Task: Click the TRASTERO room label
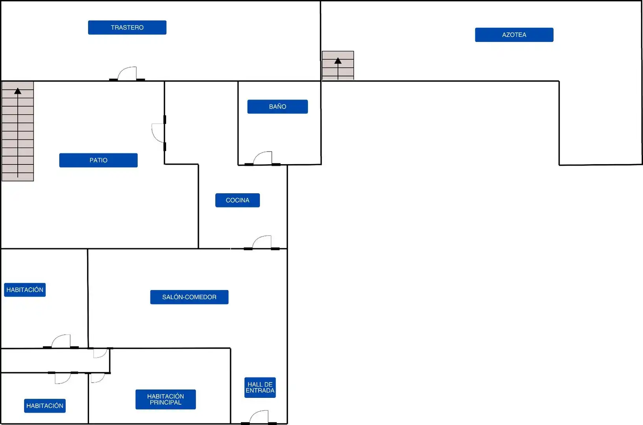coord(127,28)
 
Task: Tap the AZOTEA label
coord(514,35)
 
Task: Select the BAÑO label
coord(277,107)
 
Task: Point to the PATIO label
coord(98,160)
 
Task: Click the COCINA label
coord(238,200)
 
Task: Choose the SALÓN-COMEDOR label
coord(189,297)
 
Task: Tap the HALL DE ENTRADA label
coord(260,387)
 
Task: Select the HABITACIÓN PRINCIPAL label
coord(166,399)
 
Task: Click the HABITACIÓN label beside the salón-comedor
coord(25,290)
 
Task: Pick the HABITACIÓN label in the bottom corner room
coord(45,406)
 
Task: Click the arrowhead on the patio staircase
coord(18,91)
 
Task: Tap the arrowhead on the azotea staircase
coord(338,61)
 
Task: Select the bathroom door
coord(262,158)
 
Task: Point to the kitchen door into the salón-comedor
coord(262,242)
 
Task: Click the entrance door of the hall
coord(259,417)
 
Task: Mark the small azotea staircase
coord(338,65)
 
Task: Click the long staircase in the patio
coord(18,131)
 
